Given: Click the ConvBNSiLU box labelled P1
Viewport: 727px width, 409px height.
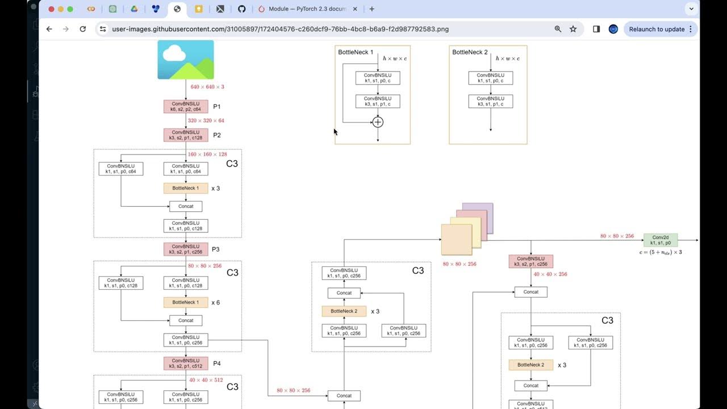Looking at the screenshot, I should pos(186,107).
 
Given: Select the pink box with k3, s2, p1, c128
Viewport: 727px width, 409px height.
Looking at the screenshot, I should pos(186,135).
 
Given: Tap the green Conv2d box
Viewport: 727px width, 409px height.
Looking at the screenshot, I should pos(661,240).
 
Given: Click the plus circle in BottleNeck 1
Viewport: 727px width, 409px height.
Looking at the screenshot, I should pos(378,122).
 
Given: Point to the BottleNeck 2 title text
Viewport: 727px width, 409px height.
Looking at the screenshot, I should pos(470,52).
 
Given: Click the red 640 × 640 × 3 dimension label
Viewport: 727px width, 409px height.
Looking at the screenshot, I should pos(207,87).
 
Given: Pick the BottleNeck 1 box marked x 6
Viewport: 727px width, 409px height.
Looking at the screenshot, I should pos(186,302).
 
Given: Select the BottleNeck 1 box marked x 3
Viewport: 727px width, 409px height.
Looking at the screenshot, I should pos(186,188).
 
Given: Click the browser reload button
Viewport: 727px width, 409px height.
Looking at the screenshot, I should pos(83,29).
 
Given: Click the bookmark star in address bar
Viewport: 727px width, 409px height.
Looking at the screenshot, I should pos(573,29).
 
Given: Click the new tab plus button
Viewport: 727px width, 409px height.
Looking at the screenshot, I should pos(372,9).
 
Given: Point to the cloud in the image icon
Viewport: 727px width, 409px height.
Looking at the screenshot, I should pos(174,53).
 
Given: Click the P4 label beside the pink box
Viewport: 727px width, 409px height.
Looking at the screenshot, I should pos(216,364).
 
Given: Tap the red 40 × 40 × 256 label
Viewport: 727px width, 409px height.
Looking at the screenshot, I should pos(550,274).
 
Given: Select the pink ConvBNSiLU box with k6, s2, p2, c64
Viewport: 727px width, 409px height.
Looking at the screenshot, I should pos(186,107).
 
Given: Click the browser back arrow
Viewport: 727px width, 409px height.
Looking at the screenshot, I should pos(49,29).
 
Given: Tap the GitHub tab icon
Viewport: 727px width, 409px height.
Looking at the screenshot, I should pos(241,9).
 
